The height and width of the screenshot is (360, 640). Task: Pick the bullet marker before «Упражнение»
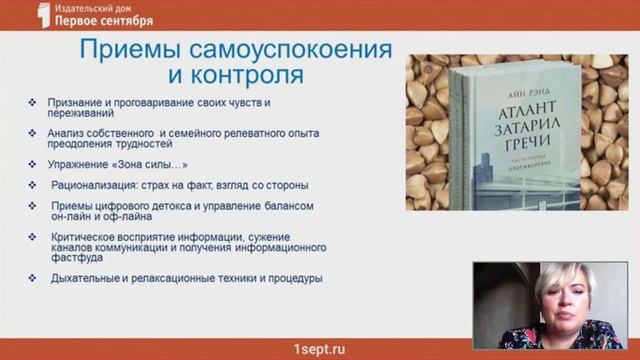[x=34, y=163]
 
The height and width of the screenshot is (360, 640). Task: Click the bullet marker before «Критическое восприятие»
[x=34, y=237]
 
